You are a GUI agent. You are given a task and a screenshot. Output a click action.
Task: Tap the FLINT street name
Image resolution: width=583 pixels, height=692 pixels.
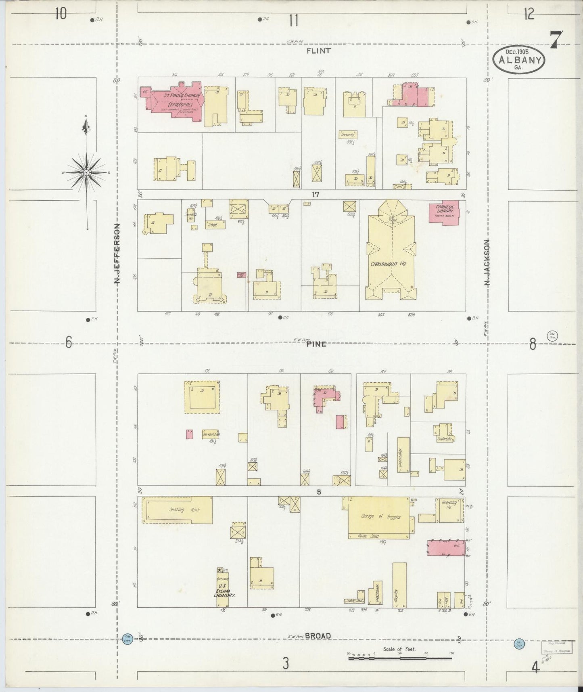(318, 51)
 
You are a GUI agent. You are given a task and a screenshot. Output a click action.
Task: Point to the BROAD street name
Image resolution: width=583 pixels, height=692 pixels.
(318, 636)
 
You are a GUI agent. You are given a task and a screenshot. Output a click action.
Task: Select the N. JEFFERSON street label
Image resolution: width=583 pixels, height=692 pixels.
(117, 254)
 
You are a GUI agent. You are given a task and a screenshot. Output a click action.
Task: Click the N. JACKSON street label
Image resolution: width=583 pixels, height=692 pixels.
(487, 263)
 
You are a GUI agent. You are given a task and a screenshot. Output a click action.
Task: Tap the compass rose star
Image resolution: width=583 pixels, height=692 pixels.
(86, 172)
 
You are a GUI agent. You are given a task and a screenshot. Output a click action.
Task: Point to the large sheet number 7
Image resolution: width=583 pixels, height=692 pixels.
(556, 40)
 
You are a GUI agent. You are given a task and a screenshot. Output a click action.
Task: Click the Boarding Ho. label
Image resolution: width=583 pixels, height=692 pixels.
(449, 505)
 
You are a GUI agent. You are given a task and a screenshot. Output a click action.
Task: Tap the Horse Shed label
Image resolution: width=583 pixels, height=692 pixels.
(368, 536)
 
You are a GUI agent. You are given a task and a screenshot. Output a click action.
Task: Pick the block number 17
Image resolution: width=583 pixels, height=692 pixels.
(315, 195)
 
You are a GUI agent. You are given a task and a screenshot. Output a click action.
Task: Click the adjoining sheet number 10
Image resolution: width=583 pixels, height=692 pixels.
(61, 14)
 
